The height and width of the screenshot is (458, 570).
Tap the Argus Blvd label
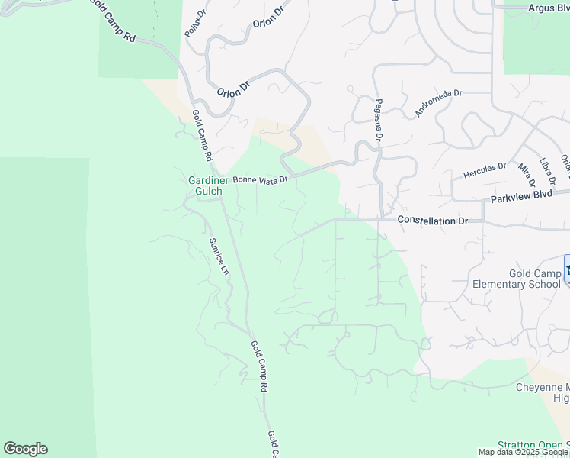(549, 8)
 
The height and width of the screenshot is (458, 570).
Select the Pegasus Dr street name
(378, 120)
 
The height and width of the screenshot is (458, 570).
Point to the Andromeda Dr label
(438, 103)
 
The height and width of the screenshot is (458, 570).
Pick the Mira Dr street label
(527, 175)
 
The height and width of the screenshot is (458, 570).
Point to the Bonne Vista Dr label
(260, 180)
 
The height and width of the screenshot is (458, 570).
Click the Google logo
(25, 449)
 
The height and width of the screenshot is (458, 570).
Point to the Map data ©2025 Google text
(524, 452)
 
